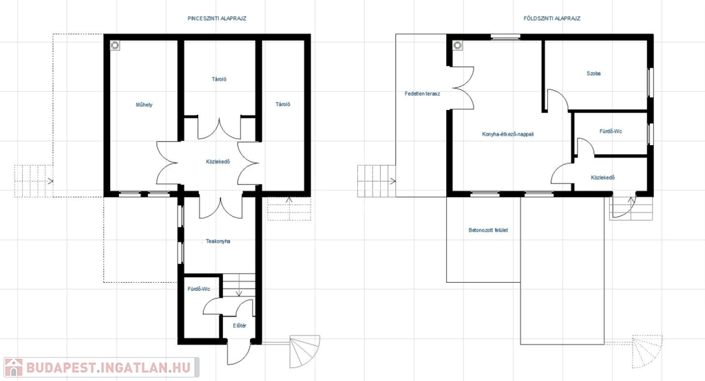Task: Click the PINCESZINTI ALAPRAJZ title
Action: point(217,19)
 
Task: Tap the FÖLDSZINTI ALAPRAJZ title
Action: point(551,19)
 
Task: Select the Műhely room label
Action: point(145,105)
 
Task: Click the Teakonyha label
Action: point(218,241)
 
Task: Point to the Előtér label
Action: point(240,326)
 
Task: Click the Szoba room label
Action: point(593,73)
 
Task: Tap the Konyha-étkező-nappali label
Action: point(508,134)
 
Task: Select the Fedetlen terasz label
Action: point(422,94)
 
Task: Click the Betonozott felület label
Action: point(488,230)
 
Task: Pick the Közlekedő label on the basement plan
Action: point(218,162)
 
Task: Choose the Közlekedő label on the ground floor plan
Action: point(603,177)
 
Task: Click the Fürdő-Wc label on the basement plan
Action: point(199,289)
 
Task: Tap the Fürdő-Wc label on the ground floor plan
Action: point(611,131)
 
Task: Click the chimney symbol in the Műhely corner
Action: point(115,45)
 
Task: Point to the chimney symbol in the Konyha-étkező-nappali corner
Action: point(458,45)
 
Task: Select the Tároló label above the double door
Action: point(219,79)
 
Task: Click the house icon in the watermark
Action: point(14,367)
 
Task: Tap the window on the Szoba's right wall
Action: point(650,82)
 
